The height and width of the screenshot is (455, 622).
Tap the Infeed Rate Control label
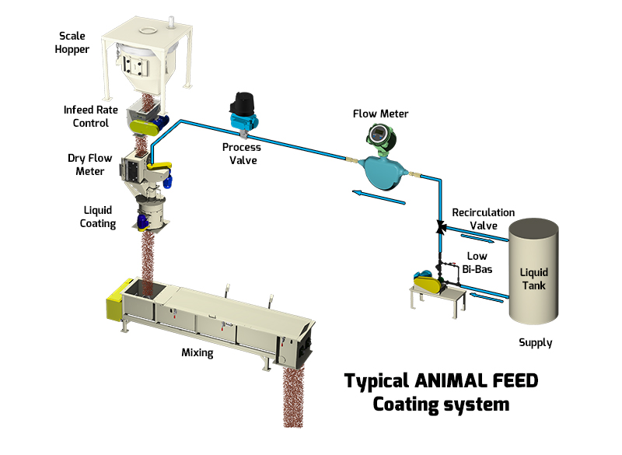(91, 116)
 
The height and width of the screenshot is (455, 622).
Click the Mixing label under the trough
(197, 352)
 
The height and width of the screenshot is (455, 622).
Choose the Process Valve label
(241, 153)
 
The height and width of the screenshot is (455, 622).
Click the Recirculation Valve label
(484, 219)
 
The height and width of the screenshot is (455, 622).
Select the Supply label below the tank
(536, 342)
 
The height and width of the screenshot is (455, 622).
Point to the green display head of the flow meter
(381, 135)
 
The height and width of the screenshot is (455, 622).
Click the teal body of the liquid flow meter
(380, 171)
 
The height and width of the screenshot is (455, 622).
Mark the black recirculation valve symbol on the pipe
(440, 227)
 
